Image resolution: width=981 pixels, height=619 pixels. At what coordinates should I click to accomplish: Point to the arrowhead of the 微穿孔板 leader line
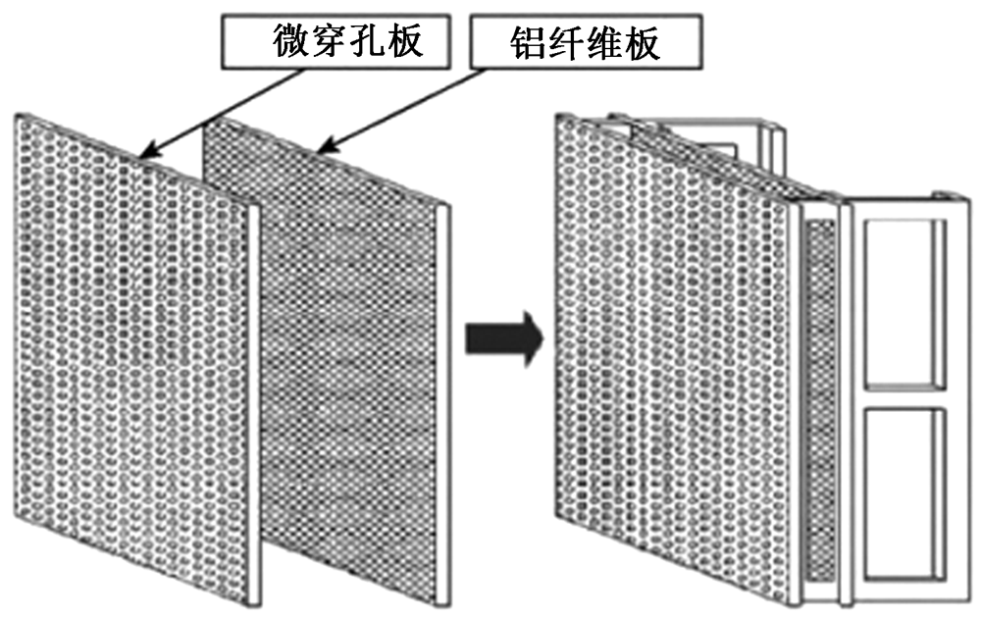[x=145, y=154]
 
